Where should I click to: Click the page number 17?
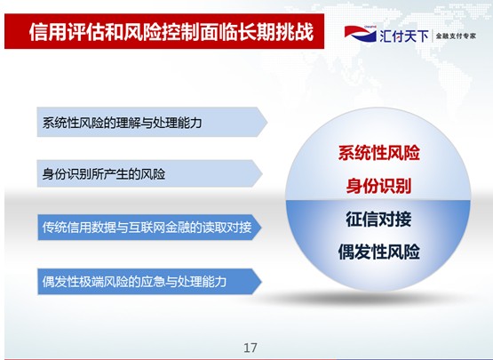click(250, 348)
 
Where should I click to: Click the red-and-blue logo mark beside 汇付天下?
click(361, 34)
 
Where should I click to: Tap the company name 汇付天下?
click(404, 36)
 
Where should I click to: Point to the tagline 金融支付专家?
click(456, 36)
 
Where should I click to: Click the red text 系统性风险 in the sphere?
click(379, 153)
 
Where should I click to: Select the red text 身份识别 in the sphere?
click(379, 186)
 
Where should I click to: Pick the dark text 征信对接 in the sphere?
click(379, 219)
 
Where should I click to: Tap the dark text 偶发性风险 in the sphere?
click(379, 252)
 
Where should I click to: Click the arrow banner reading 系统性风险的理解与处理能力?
click(152, 122)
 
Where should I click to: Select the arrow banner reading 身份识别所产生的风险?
click(149, 173)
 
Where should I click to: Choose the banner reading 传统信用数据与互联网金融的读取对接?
click(149, 228)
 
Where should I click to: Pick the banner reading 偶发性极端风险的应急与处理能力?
click(149, 281)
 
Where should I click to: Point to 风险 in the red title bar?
click(143, 32)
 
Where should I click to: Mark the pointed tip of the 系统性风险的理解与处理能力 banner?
click(267, 122)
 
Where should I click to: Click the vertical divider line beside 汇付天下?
click(433, 36)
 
